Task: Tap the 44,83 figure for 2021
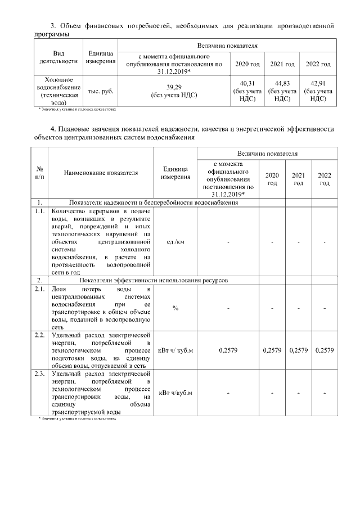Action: pos(282,83)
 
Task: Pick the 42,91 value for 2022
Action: pos(318,83)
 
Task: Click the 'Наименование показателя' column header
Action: pos(101,173)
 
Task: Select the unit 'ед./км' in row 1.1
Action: pos(175,242)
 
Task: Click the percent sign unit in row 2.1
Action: pos(175,308)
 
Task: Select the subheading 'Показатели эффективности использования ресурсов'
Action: pos(154,280)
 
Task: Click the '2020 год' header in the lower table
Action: pos(272,179)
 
